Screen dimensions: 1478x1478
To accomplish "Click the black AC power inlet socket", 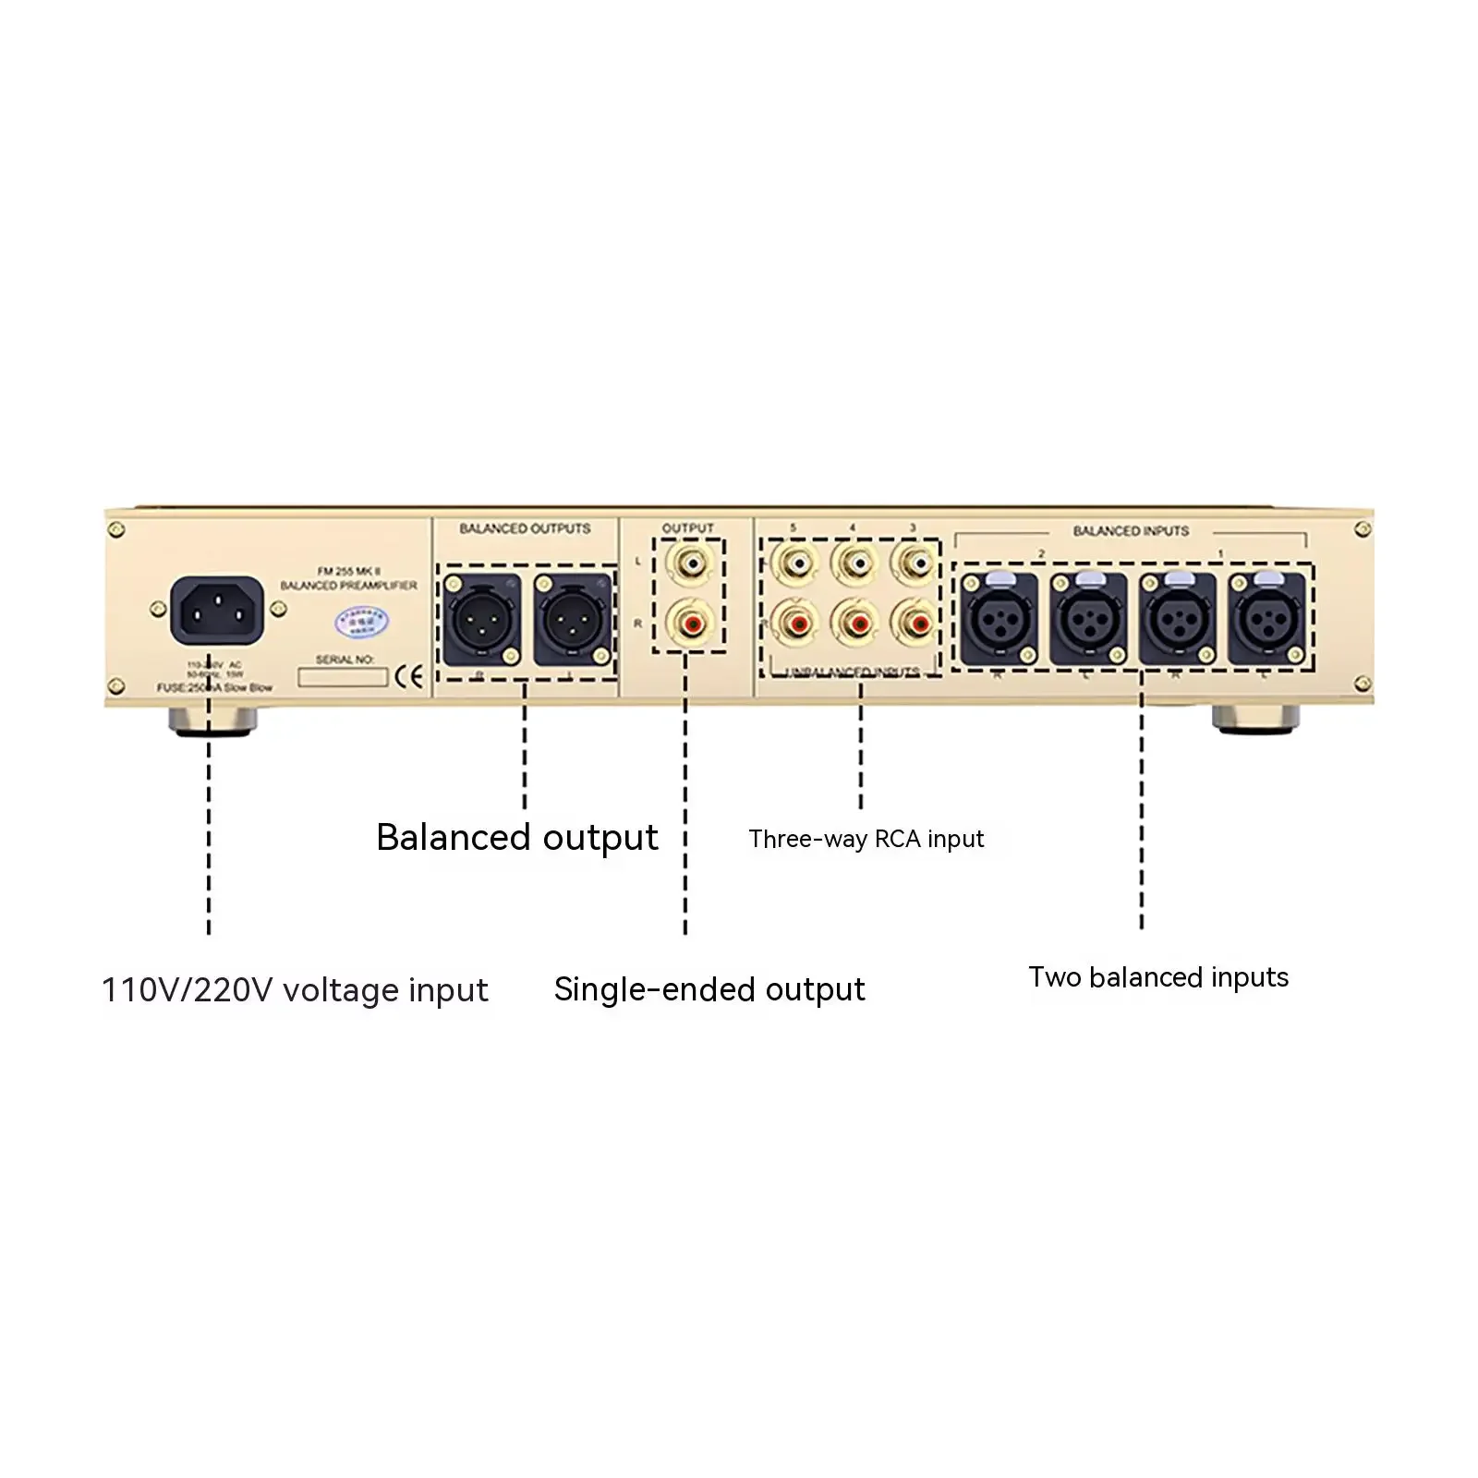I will [217, 610].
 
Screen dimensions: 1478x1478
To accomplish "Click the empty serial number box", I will [342, 678].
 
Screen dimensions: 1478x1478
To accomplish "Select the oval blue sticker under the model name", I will [361, 622].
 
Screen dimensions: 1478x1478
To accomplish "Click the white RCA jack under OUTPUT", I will [688, 563].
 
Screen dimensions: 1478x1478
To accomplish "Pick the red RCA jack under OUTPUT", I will [688, 623].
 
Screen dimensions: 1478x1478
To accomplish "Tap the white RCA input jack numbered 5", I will [794, 563].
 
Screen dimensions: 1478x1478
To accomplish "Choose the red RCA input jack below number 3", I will [915, 623].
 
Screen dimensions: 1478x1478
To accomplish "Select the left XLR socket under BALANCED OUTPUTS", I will [481, 619].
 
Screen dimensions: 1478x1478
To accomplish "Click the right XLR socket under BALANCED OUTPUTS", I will [572, 619].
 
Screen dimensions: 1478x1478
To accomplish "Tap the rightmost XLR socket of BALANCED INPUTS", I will [1266, 618].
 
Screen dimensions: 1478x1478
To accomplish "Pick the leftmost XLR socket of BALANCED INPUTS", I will [999, 618].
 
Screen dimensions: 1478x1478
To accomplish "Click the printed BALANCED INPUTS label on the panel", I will [1131, 531].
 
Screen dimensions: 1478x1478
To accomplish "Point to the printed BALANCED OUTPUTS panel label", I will [525, 528].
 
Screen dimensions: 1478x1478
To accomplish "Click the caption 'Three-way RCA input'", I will [866, 839].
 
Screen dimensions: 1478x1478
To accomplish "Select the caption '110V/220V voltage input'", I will [295, 990].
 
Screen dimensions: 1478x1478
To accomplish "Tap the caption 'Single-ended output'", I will [709, 989].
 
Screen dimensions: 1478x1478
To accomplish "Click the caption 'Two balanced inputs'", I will [1158, 977].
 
